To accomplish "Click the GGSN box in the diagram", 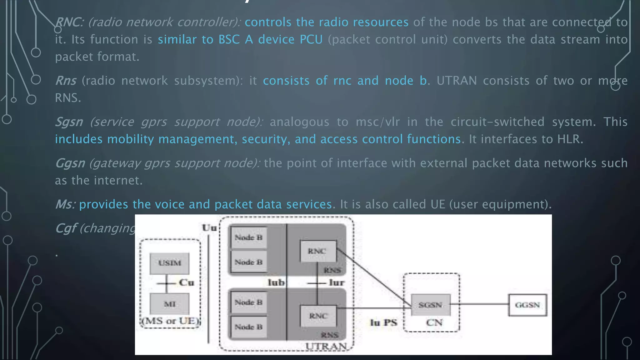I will pos(527,305).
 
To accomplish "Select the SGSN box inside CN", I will pos(430,305).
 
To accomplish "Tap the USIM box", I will pos(169,263).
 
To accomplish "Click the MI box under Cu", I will pos(169,304).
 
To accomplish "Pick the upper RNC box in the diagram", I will pos(318,251).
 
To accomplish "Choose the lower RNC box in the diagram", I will pos(318,316).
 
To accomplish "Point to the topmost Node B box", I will pos(248,237).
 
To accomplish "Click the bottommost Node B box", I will pos(248,327).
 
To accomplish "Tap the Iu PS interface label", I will pos(383,322).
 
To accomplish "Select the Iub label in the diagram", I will pos(276,282).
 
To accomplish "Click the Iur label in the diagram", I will pos(337,282).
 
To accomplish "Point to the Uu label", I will pos(209,228).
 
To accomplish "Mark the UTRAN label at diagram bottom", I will pos(326,346).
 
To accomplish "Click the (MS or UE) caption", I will pos(170,321).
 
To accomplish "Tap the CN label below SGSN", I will pos(434,322).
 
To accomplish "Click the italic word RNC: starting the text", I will pos(69,22).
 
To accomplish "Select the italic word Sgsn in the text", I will pos(69,122).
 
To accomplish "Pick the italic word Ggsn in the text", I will pos(70,163).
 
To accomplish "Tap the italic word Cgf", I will pos(66,228).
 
